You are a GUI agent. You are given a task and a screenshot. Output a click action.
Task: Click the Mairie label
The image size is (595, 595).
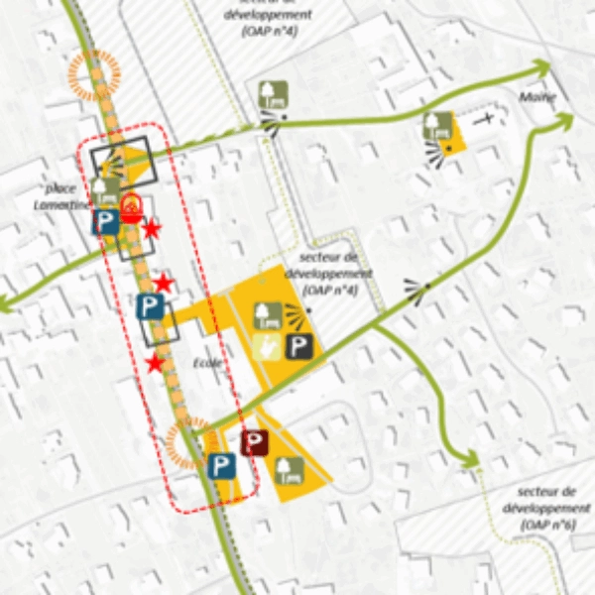point(536,97)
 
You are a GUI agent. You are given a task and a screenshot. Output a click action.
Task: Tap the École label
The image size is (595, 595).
point(208,363)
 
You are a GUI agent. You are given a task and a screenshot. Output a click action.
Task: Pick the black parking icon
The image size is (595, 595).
point(300,346)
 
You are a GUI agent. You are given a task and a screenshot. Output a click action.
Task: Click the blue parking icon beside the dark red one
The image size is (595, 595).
point(222,465)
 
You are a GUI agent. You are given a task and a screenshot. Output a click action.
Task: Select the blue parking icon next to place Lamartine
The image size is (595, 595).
point(106,223)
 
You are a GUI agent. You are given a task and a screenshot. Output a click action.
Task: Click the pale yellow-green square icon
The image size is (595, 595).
point(265,346)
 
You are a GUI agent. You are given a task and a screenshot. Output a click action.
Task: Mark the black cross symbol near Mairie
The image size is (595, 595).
point(486,118)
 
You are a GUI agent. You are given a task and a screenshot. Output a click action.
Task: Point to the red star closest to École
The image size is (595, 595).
point(155,363)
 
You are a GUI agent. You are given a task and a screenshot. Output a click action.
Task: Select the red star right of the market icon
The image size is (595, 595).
point(152,230)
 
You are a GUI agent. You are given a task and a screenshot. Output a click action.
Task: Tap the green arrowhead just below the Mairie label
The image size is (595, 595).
point(564,121)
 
